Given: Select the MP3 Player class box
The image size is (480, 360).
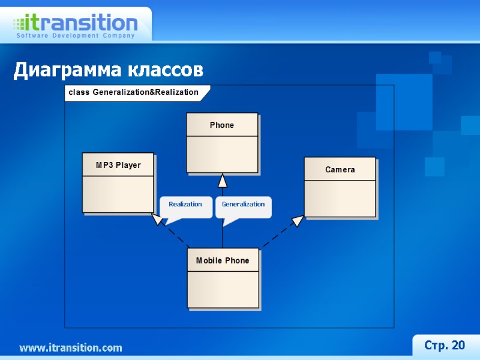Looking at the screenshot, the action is (118, 182).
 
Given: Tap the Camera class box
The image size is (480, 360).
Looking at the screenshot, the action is (340, 187).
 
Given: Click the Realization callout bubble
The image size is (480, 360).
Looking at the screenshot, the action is (185, 205).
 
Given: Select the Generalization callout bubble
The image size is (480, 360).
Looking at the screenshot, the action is (243, 205).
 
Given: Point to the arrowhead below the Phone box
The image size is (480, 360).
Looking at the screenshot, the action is (223, 180).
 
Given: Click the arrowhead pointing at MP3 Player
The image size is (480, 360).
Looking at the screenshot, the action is (157, 219).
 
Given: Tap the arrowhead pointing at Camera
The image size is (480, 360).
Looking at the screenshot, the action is (298, 221).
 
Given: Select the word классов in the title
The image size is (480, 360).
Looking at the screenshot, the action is (165, 71).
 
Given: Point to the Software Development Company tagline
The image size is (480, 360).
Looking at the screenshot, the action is (75, 36).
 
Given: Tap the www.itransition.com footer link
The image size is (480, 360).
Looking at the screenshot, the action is (71, 348).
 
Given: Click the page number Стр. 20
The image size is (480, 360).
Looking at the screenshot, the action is (445, 345).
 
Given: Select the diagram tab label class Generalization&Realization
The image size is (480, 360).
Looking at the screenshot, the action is (133, 92).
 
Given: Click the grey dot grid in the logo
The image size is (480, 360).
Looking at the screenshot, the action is (19, 25).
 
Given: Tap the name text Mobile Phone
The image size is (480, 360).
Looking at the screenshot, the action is (223, 261).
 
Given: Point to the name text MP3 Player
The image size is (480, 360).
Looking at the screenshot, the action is (118, 165).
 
